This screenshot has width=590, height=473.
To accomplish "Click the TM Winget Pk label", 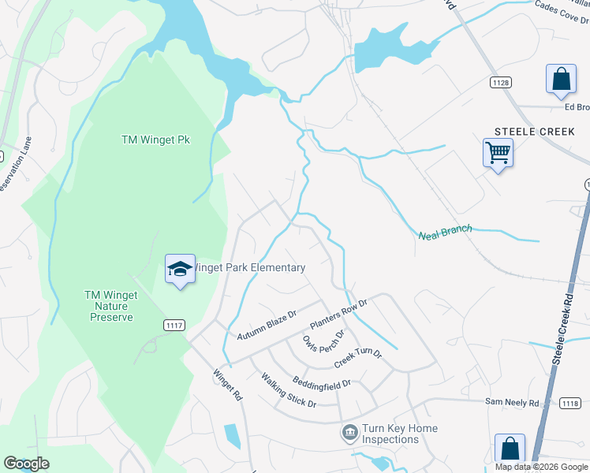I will [156, 140].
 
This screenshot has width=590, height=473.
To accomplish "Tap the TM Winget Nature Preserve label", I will [110, 306].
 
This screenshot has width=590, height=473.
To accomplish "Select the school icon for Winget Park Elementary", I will [180, 268].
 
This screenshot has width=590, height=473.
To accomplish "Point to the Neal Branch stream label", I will [445, 232].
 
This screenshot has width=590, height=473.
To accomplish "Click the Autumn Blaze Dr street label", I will [267, 326].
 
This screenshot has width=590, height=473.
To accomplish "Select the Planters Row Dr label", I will [339, 314].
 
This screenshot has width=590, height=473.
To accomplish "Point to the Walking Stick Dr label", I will [289, 390].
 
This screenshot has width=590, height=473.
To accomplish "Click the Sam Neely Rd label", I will [511, 402].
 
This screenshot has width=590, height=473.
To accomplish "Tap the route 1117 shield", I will [174, 325].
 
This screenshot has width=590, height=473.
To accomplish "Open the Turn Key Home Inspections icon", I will [349, 433].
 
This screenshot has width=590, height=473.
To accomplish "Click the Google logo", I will [26, 464].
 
